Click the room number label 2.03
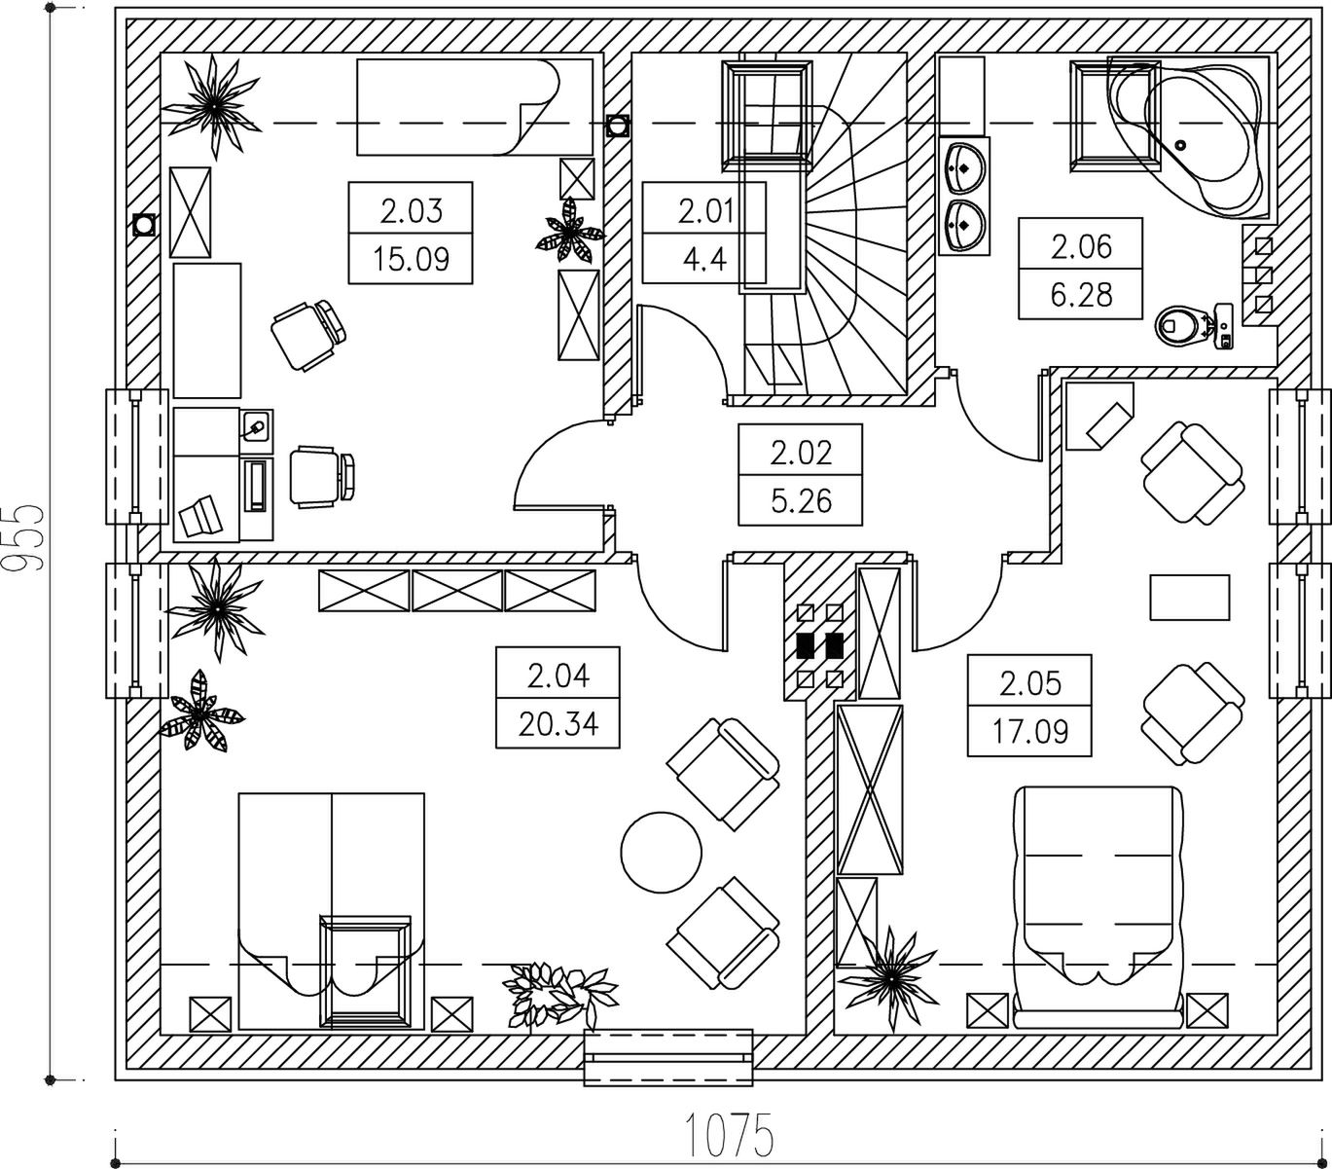(x=411, y=210)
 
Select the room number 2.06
(x=1080, y=245)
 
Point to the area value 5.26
(x=800, y=500)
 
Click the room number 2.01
(x=704, y=210)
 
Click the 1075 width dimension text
(x=730, y=1134)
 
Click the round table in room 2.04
(x=662, y=851)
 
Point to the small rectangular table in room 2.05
(x=1189, y=597)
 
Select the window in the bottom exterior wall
(x=668, y=1056)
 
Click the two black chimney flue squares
(x=819, y=644)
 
